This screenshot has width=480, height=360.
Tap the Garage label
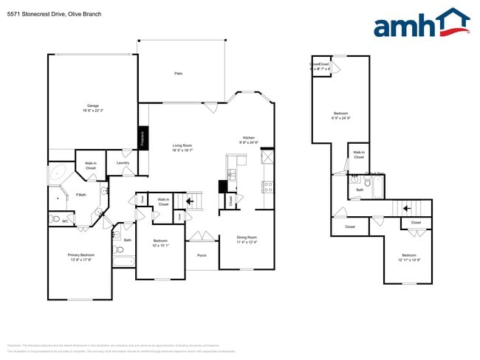pyautogui.click(x=92, y=108)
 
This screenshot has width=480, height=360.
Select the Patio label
pyautogui.click(x=178, y=74)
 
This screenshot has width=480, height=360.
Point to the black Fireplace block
pyautogui.click(x=143, y=138)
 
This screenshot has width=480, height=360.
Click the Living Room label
pyautogui.click(x=182, y=148)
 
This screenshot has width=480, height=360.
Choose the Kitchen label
pyautogui.click(x=249, y=140)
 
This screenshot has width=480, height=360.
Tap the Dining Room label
pyautogui.click(x=247, y=240)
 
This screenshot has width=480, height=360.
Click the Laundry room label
pyautogui.click(x=123, y=162)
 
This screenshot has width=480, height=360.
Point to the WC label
pyautogui.click(x=65, y=221)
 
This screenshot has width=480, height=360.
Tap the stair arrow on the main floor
pyautogui.click(x=191, y=199)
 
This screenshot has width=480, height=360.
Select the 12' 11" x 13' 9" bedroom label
pyautogui.click(x=409, y=257)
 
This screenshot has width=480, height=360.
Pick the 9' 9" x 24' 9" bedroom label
pyautogui.click(x=340, y=115)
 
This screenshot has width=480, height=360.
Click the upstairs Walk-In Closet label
pyautogui.click(x=358, y=155)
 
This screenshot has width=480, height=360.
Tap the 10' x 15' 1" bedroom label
pyautogui.click(x=161, y=243)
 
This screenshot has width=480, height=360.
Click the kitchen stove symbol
pyautogui.click(x=267, y=187)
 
